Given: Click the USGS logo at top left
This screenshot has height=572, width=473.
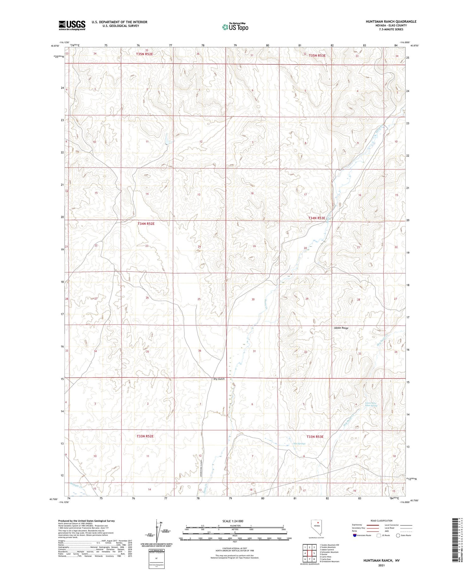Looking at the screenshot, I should tap(72, 25).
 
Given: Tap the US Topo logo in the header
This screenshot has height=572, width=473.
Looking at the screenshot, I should tap(235, 27).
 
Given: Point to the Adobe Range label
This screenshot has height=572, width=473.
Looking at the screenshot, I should tap(341, 328).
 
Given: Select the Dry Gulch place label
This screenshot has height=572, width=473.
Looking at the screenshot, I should tap(219, 379).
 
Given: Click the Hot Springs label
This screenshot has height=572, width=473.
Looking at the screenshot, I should tap(299, 444).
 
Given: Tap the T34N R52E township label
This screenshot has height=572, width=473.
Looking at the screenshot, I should tap(146, 224).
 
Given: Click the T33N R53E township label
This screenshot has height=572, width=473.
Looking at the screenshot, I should tap(315, 437).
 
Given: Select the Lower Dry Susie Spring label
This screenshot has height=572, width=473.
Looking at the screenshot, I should tap(371, 404).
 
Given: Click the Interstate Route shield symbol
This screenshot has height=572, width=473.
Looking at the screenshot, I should tap(355, 535).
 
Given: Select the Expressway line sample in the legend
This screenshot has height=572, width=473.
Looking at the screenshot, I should tap(374, 525).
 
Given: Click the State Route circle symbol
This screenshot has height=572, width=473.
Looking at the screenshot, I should tap(398, 535).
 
